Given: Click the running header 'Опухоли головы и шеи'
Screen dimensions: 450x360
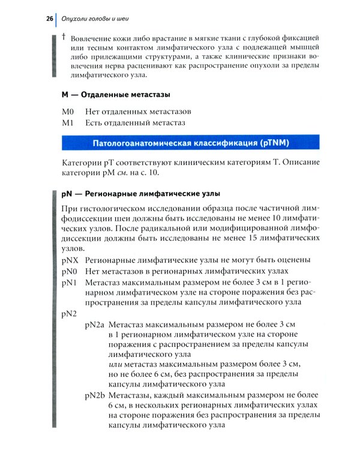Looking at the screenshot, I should (x=96, y=19).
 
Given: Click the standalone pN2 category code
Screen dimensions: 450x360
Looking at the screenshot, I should (x=70, y=314).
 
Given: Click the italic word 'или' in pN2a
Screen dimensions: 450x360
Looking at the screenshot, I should (x=116, y=365).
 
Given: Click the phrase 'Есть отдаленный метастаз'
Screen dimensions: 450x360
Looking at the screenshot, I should (x=135, y=122).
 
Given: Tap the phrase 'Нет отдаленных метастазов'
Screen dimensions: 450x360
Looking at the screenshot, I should (x=139, y=112).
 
